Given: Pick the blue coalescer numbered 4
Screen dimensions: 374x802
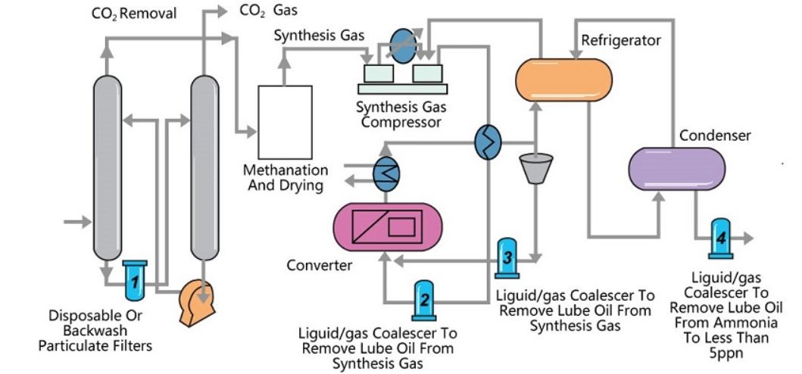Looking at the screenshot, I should click(x=720, y=237).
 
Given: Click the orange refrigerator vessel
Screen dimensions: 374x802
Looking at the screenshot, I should click(x=563, y=78).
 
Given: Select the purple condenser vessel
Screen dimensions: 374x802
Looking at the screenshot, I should click(x=676, y=168).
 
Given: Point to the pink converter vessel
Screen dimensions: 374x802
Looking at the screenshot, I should click(x=388, y=226).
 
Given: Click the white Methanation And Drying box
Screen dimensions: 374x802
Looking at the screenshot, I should click(x=285, y=121).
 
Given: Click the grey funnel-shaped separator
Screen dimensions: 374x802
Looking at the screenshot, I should click(x=535, y=168).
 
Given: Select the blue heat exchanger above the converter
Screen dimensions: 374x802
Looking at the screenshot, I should click(x=386, y=173).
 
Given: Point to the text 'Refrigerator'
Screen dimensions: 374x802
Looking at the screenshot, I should click(x=620, y=39).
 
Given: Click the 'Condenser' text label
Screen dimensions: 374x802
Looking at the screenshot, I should click(x=714, y=136).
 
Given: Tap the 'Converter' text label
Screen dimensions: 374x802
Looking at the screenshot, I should click(x=319, y=265).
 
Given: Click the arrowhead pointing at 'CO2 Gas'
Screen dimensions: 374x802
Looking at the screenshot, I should click(x=220, y=11).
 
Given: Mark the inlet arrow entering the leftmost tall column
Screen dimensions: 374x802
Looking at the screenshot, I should click(x=76, y=222).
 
